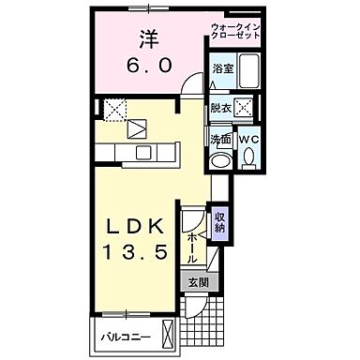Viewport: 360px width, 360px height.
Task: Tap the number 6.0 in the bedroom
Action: point(149,66)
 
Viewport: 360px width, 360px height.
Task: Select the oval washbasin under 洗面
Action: point(222,160)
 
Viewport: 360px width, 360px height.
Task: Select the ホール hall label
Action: point(192,246)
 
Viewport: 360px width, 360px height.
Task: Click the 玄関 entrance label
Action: point(197,283)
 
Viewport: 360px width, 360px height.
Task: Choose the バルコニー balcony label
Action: point(123,334)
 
